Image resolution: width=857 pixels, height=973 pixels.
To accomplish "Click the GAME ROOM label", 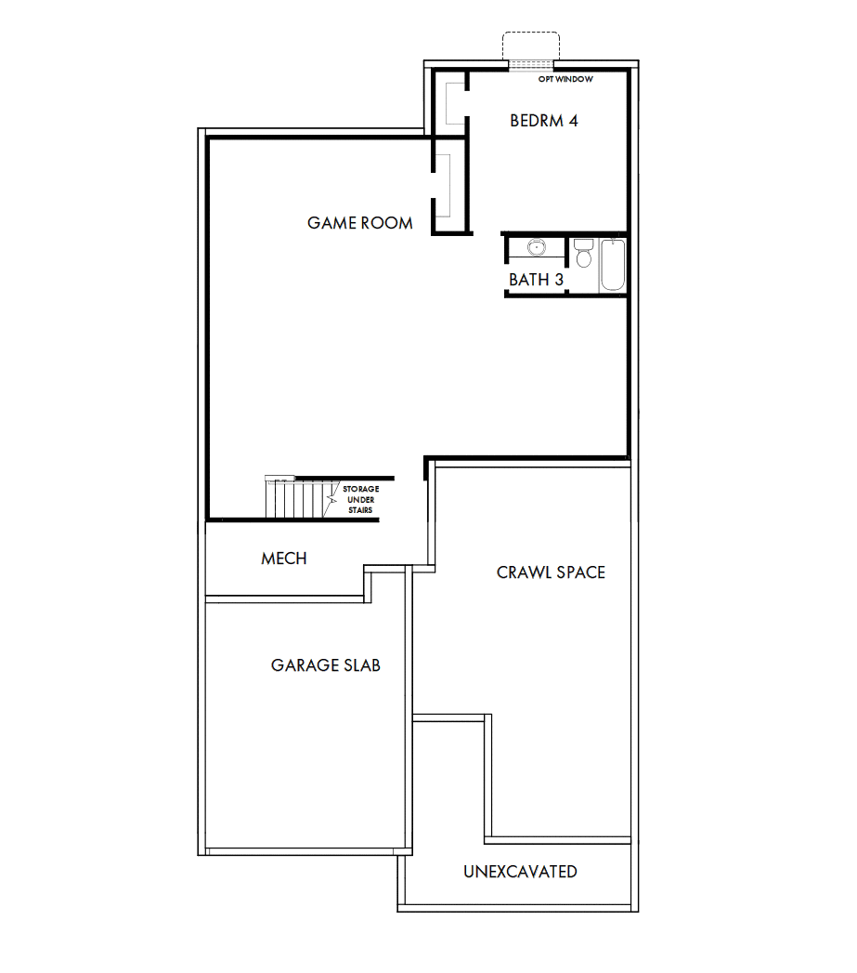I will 360,223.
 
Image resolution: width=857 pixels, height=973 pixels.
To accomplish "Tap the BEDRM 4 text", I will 544,121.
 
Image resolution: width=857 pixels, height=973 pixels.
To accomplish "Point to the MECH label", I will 283,559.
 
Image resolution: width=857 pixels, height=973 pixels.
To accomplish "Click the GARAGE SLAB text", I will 325,665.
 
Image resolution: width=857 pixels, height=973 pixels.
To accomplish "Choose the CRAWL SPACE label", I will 551,572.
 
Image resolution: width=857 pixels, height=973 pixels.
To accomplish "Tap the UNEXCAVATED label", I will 520,872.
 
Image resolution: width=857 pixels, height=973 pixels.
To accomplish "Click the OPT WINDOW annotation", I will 565,80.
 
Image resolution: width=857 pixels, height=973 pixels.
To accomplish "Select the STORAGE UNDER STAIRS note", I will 359,500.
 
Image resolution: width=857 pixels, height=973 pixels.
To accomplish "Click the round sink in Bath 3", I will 536,248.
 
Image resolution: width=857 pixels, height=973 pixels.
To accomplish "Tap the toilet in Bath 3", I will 583,254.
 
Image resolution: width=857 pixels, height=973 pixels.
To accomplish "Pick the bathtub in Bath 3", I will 613,265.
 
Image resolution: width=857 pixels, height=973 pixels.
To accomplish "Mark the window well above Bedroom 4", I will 530,46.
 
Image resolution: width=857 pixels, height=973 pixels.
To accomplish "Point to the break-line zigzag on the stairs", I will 331,500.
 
